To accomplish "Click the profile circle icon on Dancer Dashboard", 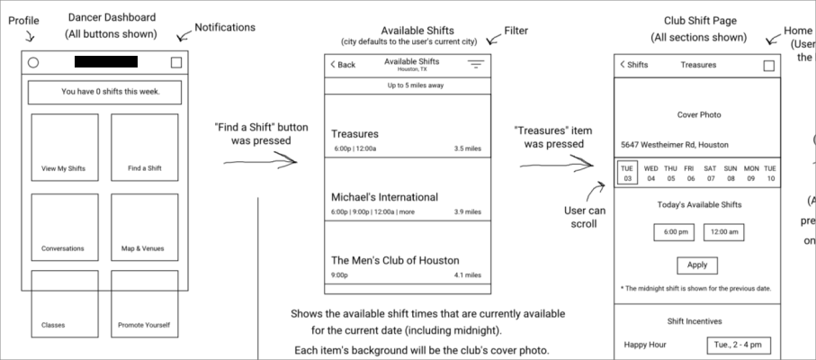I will [x=33, y=63].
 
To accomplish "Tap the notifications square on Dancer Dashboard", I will [x=176, y=63].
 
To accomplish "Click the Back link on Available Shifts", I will [x=343, y=65].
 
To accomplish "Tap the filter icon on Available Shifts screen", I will [x=475, y=65].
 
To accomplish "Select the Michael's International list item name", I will [x=384, y=197].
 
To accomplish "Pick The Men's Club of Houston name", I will [x=394, y=260].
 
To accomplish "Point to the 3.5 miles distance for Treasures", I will [x=467, y=148].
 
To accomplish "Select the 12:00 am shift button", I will [x=722, y=232].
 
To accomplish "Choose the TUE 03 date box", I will [x=627, y=173].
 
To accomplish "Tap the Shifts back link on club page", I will [x=633, y=65].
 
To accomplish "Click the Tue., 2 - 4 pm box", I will [x=737, y=345].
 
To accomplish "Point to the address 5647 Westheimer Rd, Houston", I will [x=675, y=145].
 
